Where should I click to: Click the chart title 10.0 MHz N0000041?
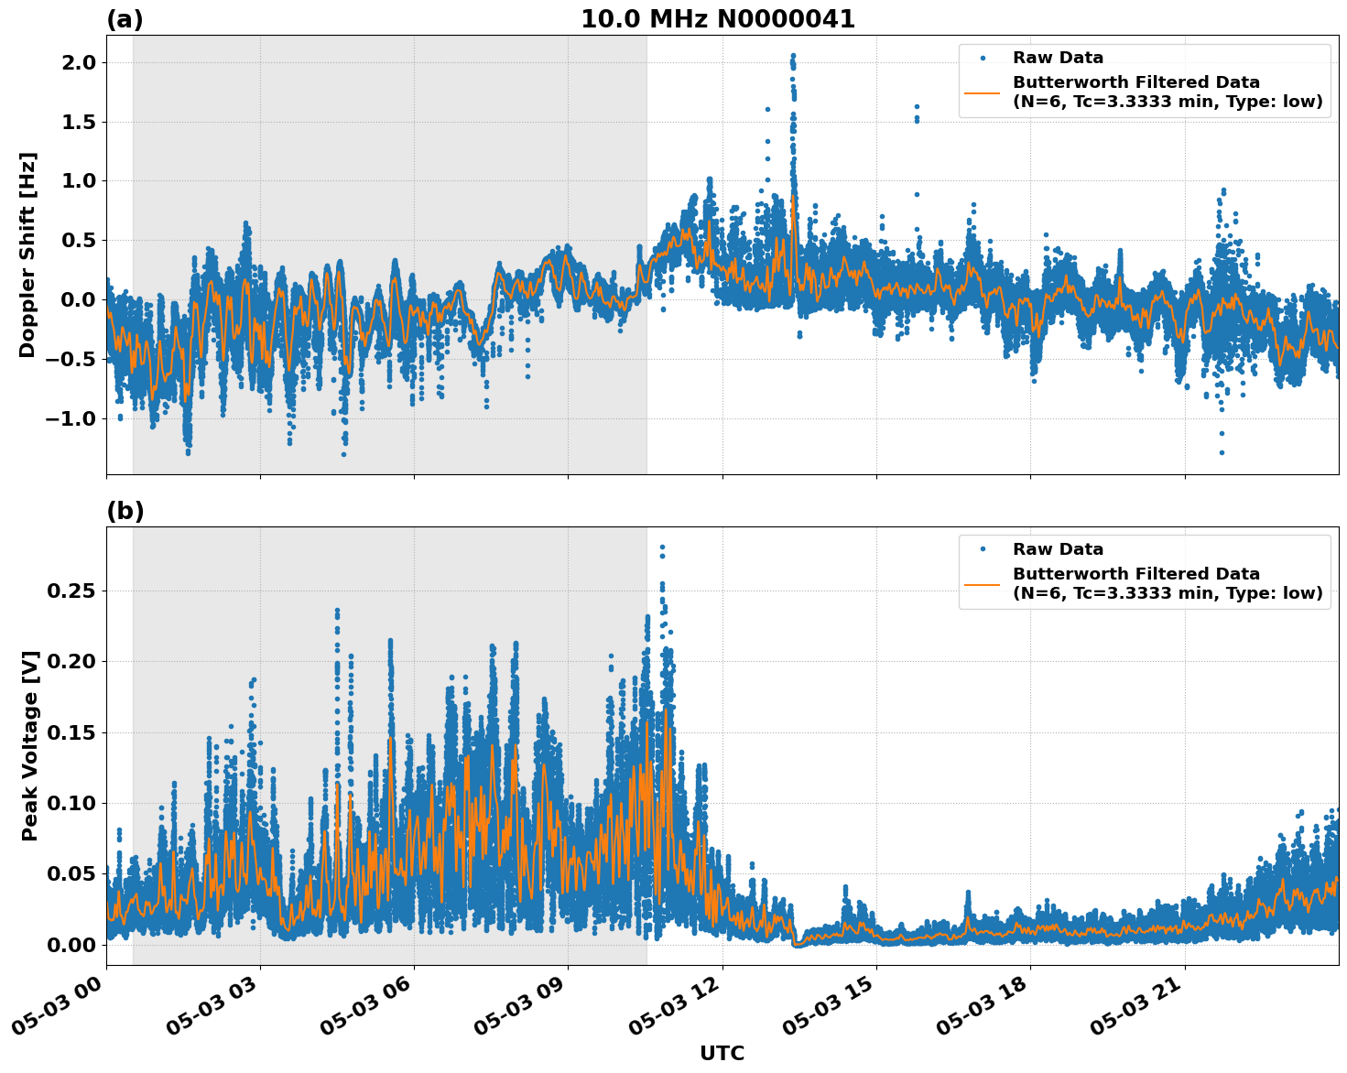717,19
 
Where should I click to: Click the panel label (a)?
125,19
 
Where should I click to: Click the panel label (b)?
125,511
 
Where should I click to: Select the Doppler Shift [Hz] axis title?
27,255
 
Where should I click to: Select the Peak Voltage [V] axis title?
30,766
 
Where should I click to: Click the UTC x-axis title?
722,1053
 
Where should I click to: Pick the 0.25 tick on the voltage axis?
70,591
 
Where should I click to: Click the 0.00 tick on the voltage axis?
70,944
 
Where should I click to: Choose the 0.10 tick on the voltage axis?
70,803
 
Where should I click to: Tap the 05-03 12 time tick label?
678,1012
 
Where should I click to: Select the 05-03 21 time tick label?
1140,1012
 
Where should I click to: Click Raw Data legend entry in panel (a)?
1058,59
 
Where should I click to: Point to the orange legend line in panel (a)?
982,92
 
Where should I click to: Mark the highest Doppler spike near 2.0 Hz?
793,56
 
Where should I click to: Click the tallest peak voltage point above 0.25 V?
662,547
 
